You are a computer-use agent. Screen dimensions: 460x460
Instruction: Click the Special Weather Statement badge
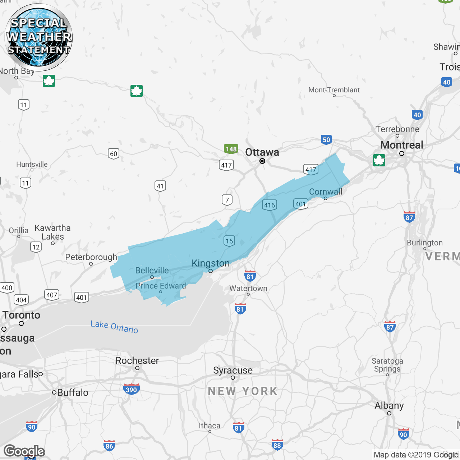(x=38, y=37)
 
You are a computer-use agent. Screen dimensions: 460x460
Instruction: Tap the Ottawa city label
(x=262, y=152)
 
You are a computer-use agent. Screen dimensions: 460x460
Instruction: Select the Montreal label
(x=401, y=145)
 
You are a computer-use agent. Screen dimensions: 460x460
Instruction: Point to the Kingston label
(x=211, y=263)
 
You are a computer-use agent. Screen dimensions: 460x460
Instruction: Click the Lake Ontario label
(x=114, y=327)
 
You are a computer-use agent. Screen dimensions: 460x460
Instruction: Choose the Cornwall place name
(x=326, y=192)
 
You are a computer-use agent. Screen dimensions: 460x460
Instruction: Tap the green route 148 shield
(x=231, y=149)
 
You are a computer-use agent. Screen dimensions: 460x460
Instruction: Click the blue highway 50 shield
(x=326, y=140)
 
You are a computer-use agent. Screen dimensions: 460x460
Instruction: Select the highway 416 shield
(x=270, y=205)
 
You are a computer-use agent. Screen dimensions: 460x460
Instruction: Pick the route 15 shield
(x=229, y=241)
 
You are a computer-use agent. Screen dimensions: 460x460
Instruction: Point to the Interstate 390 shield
(x=131, y=389)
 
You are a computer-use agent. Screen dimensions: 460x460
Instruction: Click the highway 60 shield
(x=114, y=154)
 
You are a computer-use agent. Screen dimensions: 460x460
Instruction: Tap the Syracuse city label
(x=233, y=370)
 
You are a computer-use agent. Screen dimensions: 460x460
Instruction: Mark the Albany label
(x=389, y=406)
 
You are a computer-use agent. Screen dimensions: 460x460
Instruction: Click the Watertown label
(x=248, y=288)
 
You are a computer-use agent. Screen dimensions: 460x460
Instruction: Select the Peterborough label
(x=91, y=257)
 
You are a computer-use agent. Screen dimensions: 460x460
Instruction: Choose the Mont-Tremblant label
(x=334, y=90)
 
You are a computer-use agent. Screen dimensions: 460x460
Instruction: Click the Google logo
(x=24, y=451)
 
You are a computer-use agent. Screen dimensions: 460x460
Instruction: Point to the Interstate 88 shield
(x=277, y=445)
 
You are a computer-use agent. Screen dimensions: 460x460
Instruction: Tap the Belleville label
(x=152, y=270)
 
